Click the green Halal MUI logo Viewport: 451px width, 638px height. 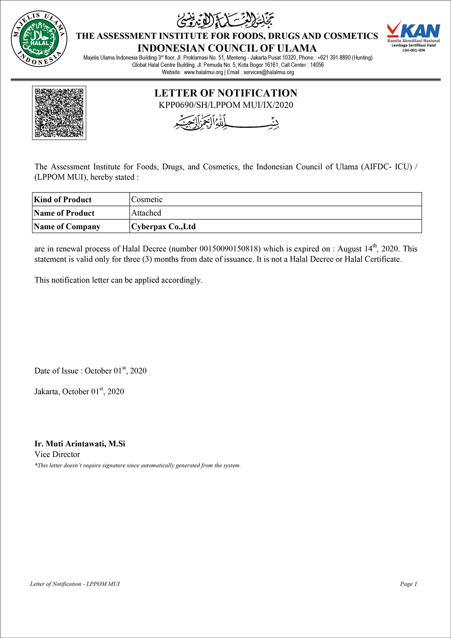(x=39, y=40)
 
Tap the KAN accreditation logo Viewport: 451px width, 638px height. (x=413, y=35)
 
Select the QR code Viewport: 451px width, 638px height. (x=59, y=113)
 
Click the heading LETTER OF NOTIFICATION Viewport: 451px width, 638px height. (x=225, y=93)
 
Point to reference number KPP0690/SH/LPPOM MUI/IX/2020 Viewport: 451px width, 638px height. (x=225, y=105)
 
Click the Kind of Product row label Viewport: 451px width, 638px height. (x=63, y=200)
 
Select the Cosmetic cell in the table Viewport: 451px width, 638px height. (x=147, y=200)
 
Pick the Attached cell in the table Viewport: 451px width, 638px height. (x=146, y=213)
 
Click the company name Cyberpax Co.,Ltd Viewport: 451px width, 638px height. (x=163, y=226)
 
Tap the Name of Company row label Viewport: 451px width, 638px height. (x=67, y=226)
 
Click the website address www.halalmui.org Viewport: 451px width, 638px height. (x=203, y=72)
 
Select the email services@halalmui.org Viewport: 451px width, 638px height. (x=269, y=72)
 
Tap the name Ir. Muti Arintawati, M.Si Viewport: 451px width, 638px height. (x=80, y=444)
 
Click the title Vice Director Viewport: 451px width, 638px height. (x=57, y=454)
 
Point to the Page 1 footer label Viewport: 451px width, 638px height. (x=408, y=584)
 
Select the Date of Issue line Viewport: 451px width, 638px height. (x=90, y=371)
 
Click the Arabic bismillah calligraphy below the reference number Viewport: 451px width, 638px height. (x=225, y=122)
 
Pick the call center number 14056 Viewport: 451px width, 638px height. (x=317, y=65)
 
